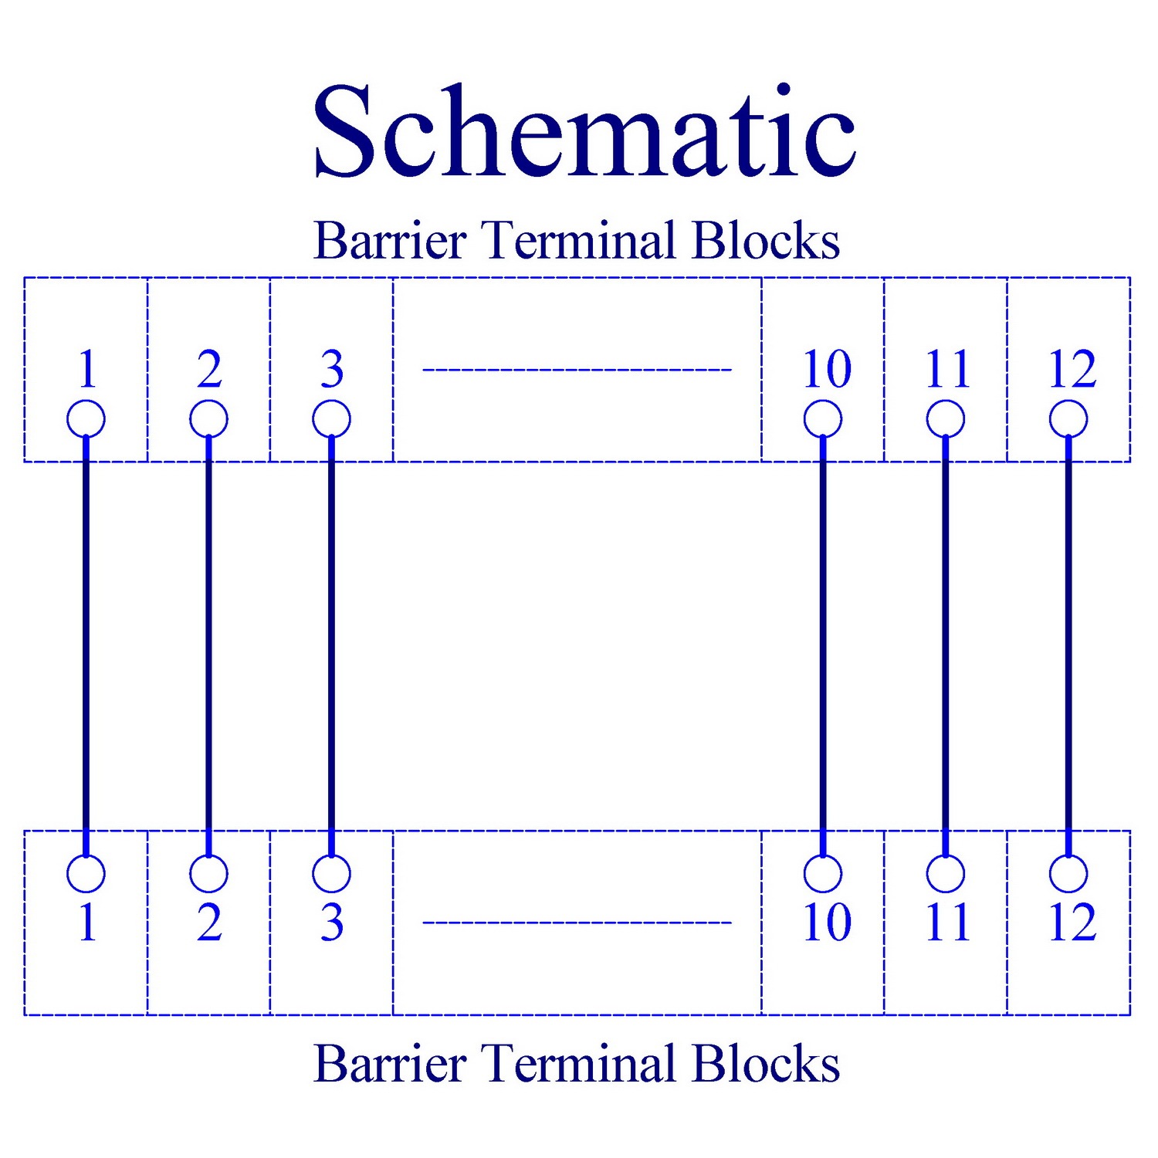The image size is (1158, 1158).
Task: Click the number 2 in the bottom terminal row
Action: (x=209, y=923)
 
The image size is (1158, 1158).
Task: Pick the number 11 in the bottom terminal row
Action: (x=947, y=923)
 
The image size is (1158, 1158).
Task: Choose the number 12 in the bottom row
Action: (x=1072, y=923)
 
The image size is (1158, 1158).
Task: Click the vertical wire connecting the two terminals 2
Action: (x=208, y=646)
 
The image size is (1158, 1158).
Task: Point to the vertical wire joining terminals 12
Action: (x=1068, y=646)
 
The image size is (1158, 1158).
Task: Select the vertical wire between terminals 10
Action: (x=823, y=646)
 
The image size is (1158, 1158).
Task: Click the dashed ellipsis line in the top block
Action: (x=577, y=370)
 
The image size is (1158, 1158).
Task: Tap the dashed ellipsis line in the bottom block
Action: (x=577, y=923)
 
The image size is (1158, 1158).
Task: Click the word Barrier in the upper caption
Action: (x=390, y=240)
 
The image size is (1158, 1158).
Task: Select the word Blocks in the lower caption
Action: (x=766, y=1063)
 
